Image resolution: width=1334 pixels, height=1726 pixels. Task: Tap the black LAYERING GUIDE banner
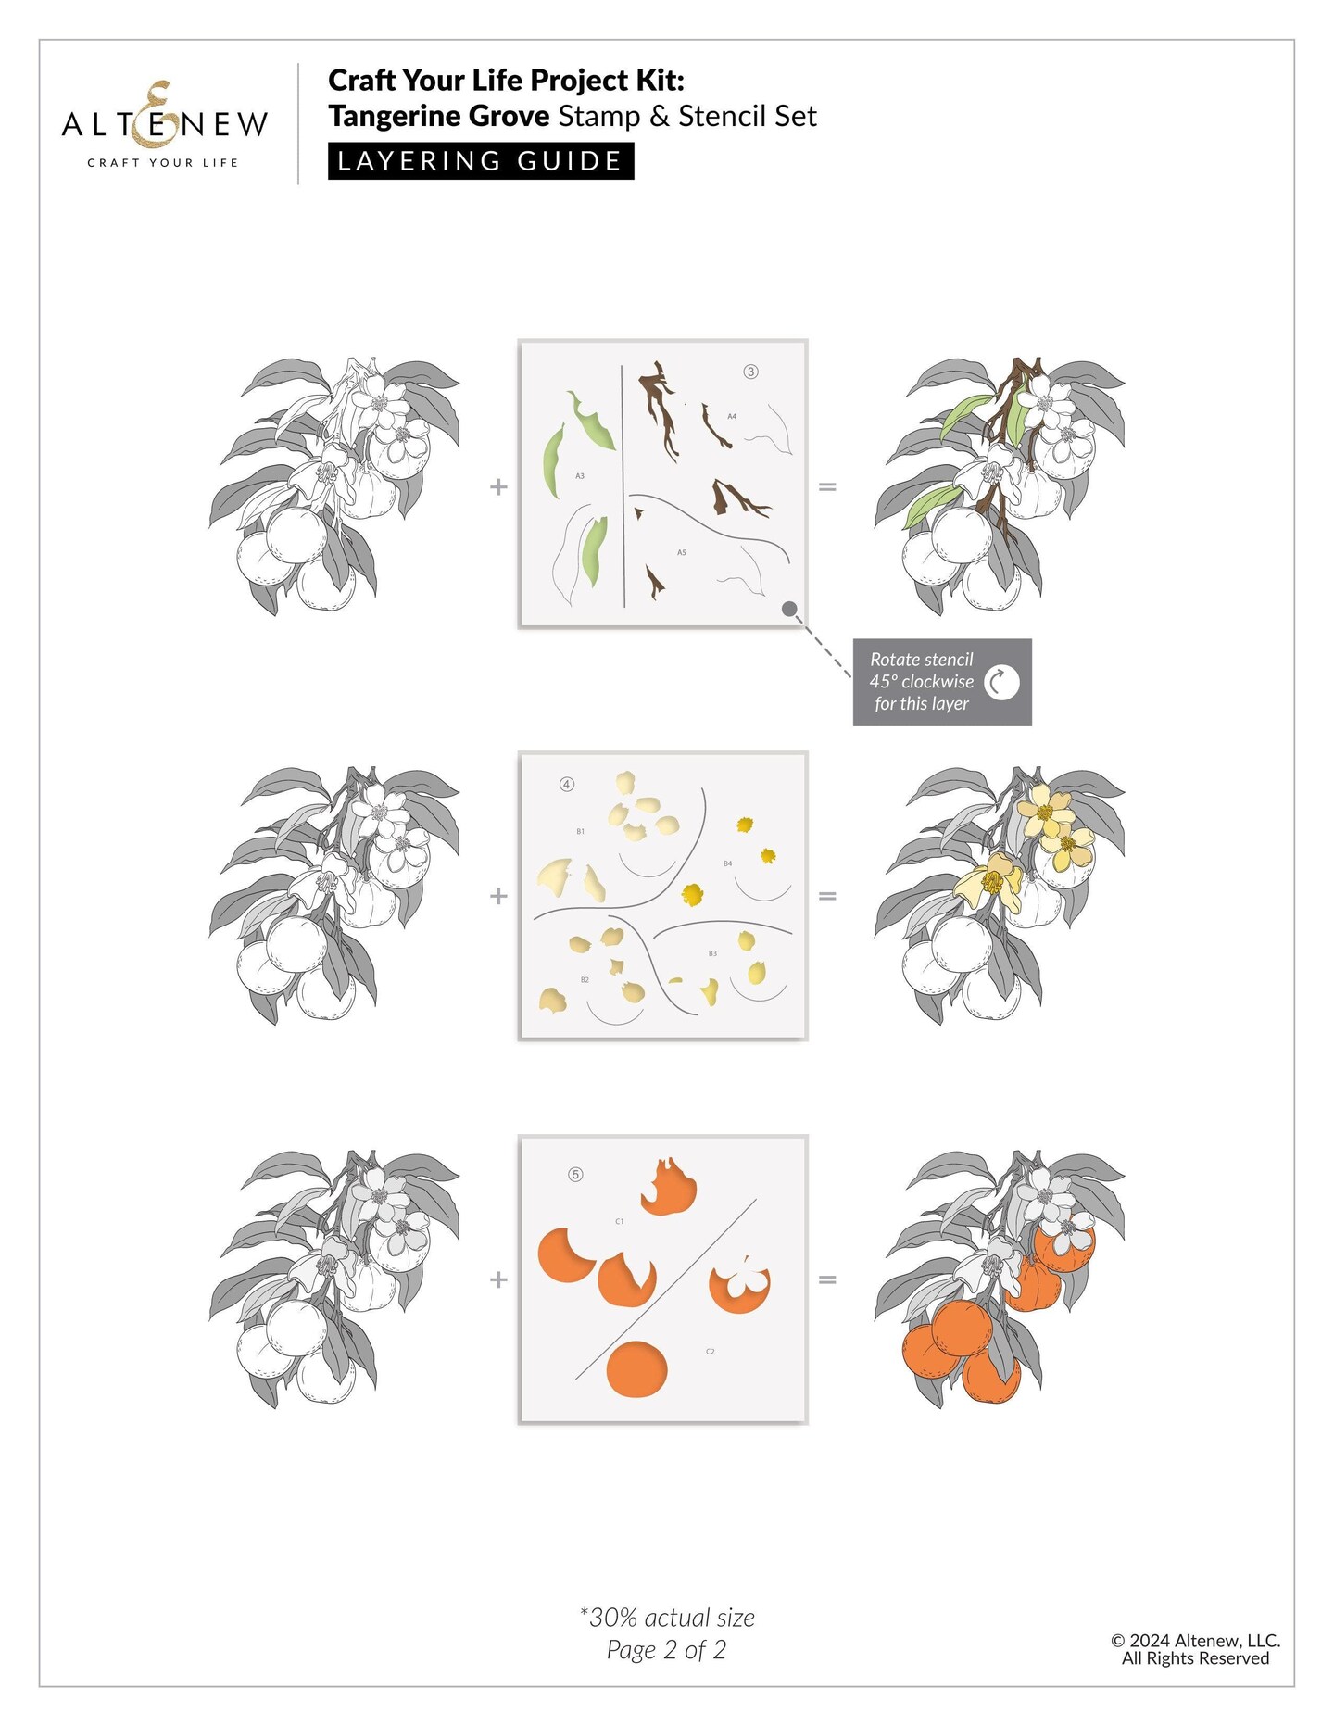tap(481, 161)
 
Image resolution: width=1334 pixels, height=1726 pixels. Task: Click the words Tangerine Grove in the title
tap(439, 117)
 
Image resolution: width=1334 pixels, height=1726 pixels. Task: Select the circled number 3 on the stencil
tap(750, 372)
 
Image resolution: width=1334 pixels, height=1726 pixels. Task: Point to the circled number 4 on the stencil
tap(567, 785)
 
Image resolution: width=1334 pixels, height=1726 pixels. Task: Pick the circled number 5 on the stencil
tap(575, 1175)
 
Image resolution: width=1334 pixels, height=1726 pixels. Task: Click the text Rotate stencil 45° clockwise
tap(922, 671)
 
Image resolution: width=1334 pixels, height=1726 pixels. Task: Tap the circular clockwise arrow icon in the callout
tap(1001, 683)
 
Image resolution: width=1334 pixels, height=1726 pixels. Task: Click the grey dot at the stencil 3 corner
tap(789, 609)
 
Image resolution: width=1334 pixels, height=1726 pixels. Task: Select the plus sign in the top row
tap(498, 486)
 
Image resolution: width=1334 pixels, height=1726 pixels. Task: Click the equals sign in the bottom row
tap(827, 1279)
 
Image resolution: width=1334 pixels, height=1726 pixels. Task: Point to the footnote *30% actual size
tap(667, 1618)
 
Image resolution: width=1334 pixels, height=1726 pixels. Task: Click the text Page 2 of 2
tap(667, 1650)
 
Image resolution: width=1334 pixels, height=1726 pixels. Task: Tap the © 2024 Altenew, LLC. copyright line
tap(1196, 1641)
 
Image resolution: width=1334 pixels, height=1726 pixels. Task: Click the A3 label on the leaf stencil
tap(580, 476)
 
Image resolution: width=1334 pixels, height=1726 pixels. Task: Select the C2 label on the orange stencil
tap(711, 1352)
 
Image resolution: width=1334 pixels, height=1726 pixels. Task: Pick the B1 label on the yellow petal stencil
tap(581, 832)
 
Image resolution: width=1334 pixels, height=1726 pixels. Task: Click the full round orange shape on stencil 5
tap(637, 1369)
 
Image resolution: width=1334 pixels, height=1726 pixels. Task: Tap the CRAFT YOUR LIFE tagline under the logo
tap(163, 163)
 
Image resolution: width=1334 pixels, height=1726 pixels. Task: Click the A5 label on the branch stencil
tap(682, 553)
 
